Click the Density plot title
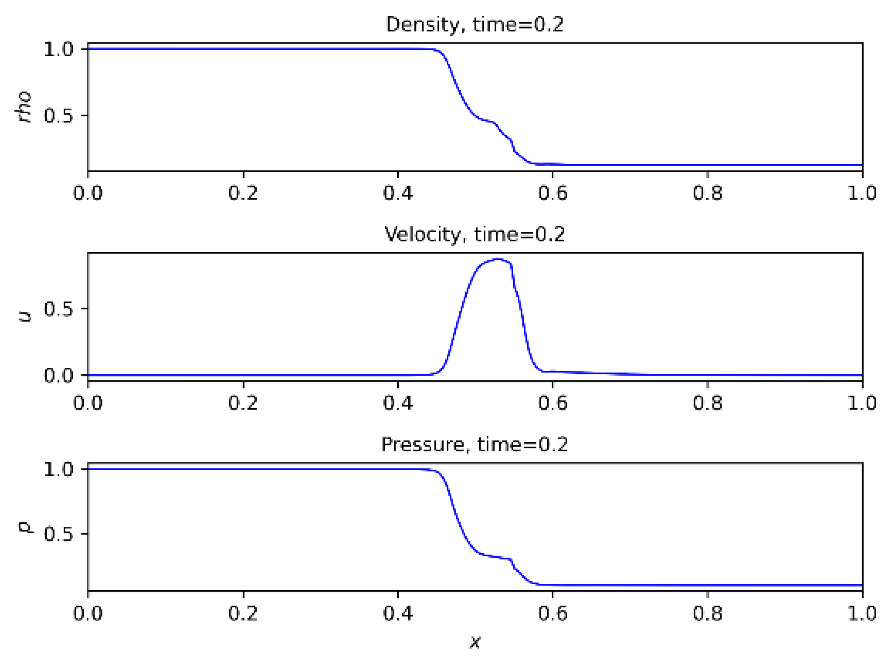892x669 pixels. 474,24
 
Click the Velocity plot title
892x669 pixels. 474,234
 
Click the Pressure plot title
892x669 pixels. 474,444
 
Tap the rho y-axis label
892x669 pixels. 24,107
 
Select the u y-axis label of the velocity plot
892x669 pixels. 25,316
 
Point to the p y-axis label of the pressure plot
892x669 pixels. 25,527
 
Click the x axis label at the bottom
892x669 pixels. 475,642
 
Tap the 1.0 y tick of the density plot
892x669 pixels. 58,49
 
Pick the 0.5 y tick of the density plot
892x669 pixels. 58,116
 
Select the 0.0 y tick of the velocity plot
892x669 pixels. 58,375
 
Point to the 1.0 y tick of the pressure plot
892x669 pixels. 58,469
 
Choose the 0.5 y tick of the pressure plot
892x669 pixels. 58,534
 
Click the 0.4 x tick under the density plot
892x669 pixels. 398,193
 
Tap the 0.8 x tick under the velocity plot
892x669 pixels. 707,403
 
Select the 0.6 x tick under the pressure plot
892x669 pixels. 552,613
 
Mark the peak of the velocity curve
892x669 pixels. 498,259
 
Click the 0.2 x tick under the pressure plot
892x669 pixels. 243,613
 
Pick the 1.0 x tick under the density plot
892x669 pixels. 862,193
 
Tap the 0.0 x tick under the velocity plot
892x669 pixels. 88,403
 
